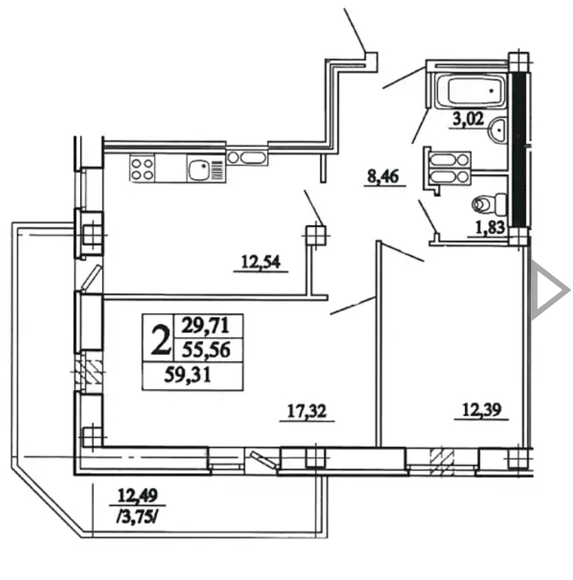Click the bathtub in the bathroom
pyautogui.click(x=470, y=91)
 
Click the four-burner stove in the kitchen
pyautogui.click(x=143, y=168)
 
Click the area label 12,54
pyautogui.click(x=260, y=262)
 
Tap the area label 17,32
pyautogui.click(x=307, y=411)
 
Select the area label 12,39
pyautogui.click(x=482, y=409)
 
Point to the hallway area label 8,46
pyautogui.click(x=383, y=177)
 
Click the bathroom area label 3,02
pyautogui.click(x=468, y=119)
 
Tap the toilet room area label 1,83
pyautogui.click(x=490, y=227)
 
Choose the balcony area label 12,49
pyautogui.click(x=137, y=495)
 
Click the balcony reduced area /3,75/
pyautogui.click(x=137, y=518)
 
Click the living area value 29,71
pyautogui.click(x=205, y=326)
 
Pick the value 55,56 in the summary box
pyautogui.click(x=206, y=350)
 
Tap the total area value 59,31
pyautogui.click(x=188, y=375)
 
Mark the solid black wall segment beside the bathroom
pyautogui.click(x=519, y=150)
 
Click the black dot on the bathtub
pyautogui.click(x=491, y=91)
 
